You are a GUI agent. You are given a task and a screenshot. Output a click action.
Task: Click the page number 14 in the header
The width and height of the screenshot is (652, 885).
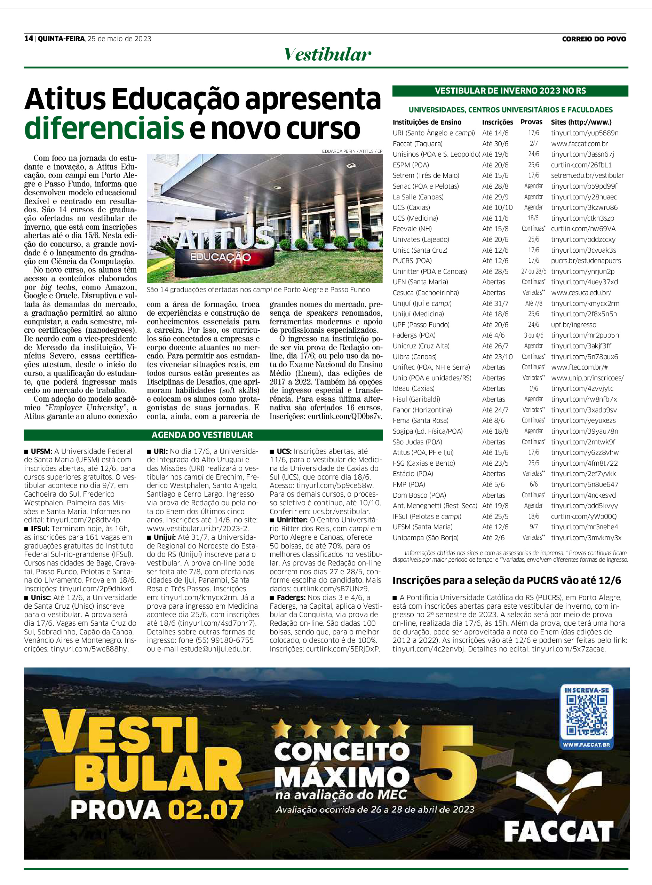click(x=29, y=38)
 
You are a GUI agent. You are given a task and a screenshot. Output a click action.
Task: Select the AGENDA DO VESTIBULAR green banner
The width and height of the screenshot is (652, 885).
click(x=202, y=435)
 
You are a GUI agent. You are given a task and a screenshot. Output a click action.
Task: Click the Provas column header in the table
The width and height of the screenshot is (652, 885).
click(x=531, y=122)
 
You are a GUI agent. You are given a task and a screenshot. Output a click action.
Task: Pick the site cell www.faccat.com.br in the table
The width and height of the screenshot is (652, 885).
click(x=579, y=144)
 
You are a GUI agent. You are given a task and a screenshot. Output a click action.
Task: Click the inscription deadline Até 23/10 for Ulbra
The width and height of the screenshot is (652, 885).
click(x=497, y=356)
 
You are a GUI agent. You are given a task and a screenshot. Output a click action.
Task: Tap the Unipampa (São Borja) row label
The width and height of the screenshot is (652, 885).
click(x=426, y=537)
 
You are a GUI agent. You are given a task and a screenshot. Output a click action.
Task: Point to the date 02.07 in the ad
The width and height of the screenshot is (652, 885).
click(x=205, y=810)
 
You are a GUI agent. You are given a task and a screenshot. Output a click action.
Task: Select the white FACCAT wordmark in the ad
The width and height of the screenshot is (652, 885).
click(x=559, y=831)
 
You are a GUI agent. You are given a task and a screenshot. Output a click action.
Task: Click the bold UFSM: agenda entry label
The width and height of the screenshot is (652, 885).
click(x=41, y=451)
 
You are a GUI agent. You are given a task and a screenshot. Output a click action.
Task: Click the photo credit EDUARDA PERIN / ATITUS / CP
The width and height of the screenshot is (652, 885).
click(x=352, y=151)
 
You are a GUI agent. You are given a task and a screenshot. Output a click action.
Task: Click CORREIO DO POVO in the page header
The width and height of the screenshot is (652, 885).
click(x=594, y=39)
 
